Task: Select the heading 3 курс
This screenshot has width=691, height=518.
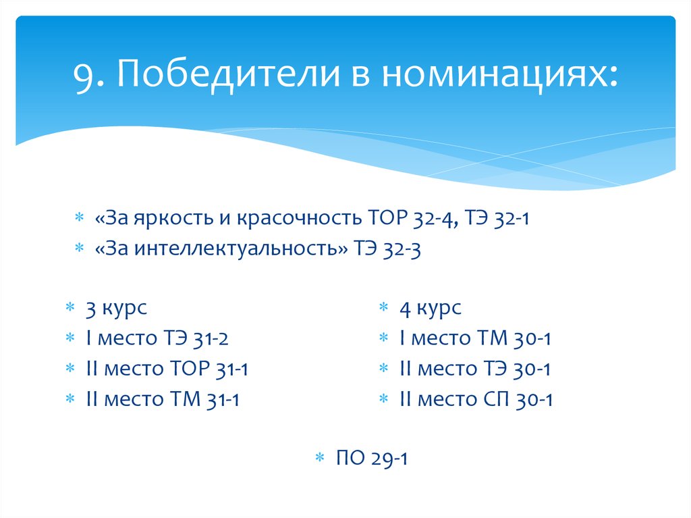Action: pyautogui.click(x=115, y=309)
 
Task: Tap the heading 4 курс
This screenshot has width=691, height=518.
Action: pyautogui.click(x=430, y=309)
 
